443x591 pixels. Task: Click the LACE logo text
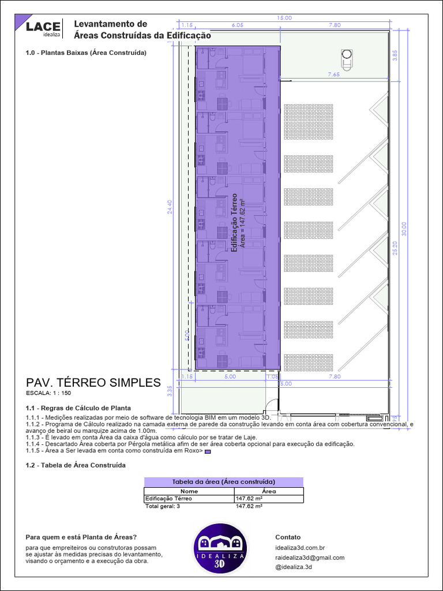click(x=43, y=26)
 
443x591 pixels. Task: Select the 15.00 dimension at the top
click(x=284, y=18)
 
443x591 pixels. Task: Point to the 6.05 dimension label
click(x=237, y=25)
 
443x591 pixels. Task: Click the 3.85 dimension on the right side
click(x=395, y=55)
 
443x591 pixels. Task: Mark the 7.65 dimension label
click(x=333, y=74)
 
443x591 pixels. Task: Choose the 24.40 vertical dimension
click(x=170, y=207)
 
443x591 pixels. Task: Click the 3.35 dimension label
click(x=170, y=391)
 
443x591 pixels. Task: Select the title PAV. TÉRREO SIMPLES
click(x=93, y=383)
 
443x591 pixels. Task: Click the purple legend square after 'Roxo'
click(x=208, y=452)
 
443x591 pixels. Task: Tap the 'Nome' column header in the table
click(x=189, y=491)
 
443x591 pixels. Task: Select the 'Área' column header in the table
click(x=269, y=491)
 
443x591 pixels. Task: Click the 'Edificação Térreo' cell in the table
click(x=168, y=498)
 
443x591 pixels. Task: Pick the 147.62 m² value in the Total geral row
click(x=249, y=506)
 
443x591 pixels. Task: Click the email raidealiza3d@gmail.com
click(x=310, y=558)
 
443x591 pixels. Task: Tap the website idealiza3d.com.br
click(x=301, y=548)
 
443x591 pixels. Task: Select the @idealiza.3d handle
click(x=294, y=567)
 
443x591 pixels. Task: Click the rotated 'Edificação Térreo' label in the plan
click(x=234, y=222)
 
